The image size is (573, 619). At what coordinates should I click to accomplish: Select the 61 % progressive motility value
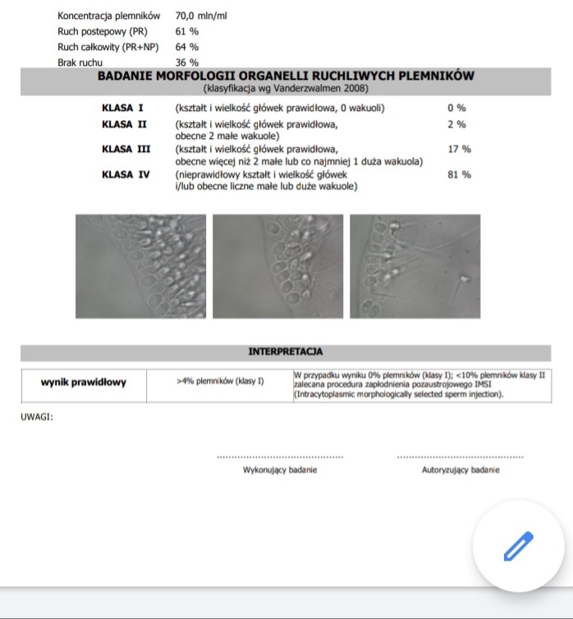pyautogui.click(x=187, y=31)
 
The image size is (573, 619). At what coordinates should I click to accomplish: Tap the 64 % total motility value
pyautogui.click(x=187, y=47)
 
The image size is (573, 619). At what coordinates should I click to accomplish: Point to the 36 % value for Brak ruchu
pyautogui.click(x=187, y=62)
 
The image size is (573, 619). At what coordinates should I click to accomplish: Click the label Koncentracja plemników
pyautogui.click(x=109, y=16)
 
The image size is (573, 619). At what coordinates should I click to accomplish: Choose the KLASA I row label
pyautogui.click(x=122, y=108)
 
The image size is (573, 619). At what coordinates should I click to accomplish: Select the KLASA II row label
pyautogui.click(x=125, y=124)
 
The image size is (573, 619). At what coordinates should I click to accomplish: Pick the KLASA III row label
pyautogui.click(x=126, y=149)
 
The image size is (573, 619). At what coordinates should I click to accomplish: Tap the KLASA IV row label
pyautogui.click(x=126, y=174)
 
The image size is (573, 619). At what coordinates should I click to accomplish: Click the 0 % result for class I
pyautogui.click(x=456, y=108)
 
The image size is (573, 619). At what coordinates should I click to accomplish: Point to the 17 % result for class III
pyautogui.click(x=459, y=149)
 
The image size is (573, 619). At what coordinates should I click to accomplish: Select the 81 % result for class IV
pyautogui.click(x=459, y=174)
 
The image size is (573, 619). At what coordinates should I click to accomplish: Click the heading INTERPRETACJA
pyautogui.click(x=285, y=352)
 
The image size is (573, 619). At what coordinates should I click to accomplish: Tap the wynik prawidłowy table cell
pyautogui.click(x=84, y=382)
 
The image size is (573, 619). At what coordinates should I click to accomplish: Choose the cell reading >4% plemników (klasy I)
pyautogui.click(x=220, y=381)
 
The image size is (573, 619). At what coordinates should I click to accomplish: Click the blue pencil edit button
pyautogui.click(x=517, y=546)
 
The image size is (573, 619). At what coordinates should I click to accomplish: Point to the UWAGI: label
pyautogui.click(x=37, y=417)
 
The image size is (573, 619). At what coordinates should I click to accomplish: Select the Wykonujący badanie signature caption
pyautogui.click(x=280, y=470)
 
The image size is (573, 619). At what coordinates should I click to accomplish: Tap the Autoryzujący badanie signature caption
pyautogui.click(x=460, y=470)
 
